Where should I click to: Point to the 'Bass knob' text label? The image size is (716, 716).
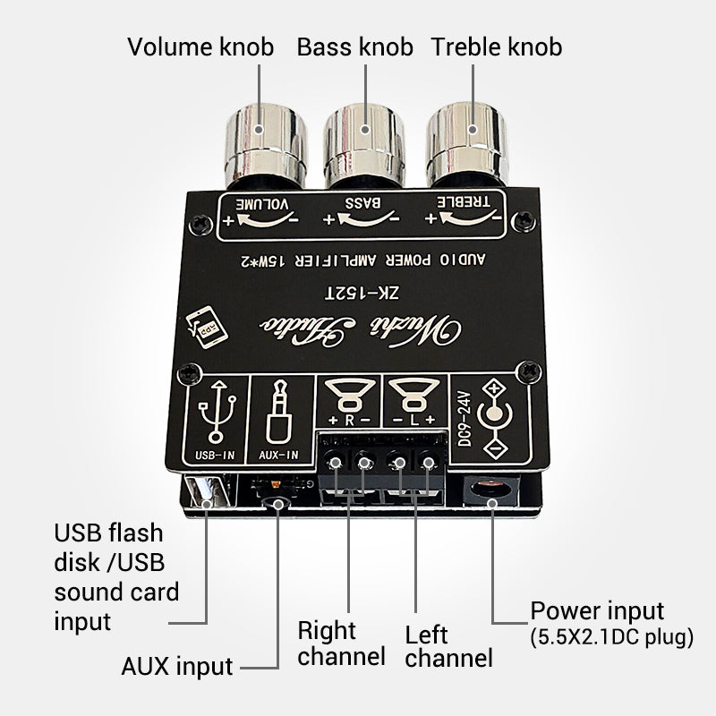[355, 47]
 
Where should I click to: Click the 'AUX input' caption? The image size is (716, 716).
[176, 666]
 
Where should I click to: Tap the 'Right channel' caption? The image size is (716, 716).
[340, 643]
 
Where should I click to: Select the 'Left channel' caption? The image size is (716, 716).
[448, 647]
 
